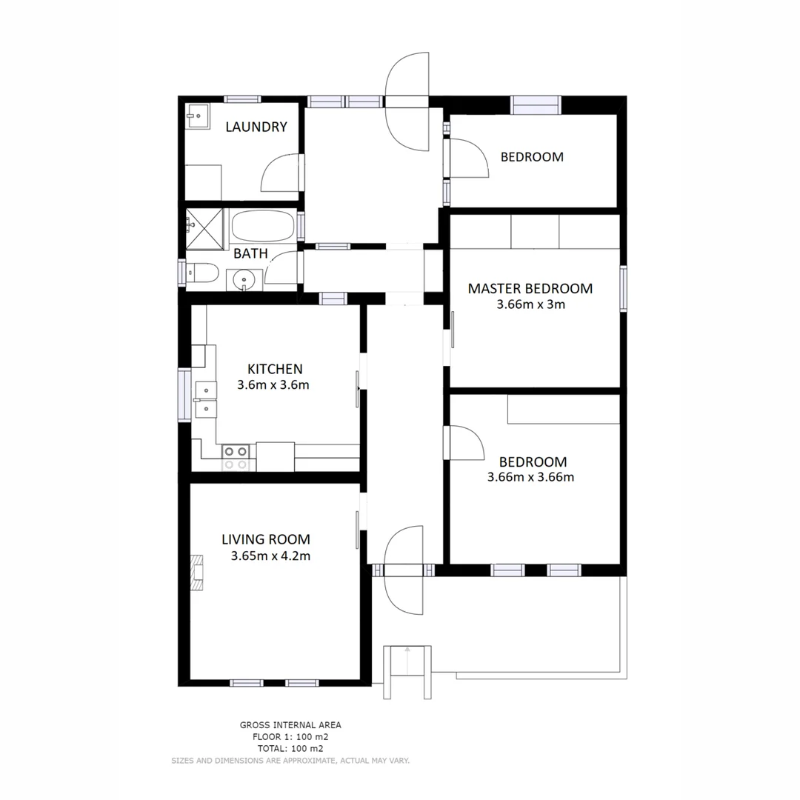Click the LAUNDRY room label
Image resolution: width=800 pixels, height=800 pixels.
point(256,127)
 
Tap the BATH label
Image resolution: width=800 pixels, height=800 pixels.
point(250,253)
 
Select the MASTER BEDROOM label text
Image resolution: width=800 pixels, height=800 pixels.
point(530,288)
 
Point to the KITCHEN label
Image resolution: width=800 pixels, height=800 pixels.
point(274,369)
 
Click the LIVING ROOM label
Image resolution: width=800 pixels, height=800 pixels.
point(265,539)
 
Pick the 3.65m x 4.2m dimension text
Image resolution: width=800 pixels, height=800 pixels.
point(270,556)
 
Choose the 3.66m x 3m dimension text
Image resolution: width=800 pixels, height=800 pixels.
point(530,304)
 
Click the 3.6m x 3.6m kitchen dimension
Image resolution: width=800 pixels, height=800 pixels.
point(273,384)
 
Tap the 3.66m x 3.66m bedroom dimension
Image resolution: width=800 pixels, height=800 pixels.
point(530,477)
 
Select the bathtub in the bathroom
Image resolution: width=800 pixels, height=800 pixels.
point(262,226)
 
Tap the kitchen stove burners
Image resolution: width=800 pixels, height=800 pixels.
point(236,457)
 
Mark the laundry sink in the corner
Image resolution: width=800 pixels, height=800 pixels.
point(196,115)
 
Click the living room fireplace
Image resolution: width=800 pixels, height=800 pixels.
point(198,573)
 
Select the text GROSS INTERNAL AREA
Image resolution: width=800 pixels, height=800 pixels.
point(290,725)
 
